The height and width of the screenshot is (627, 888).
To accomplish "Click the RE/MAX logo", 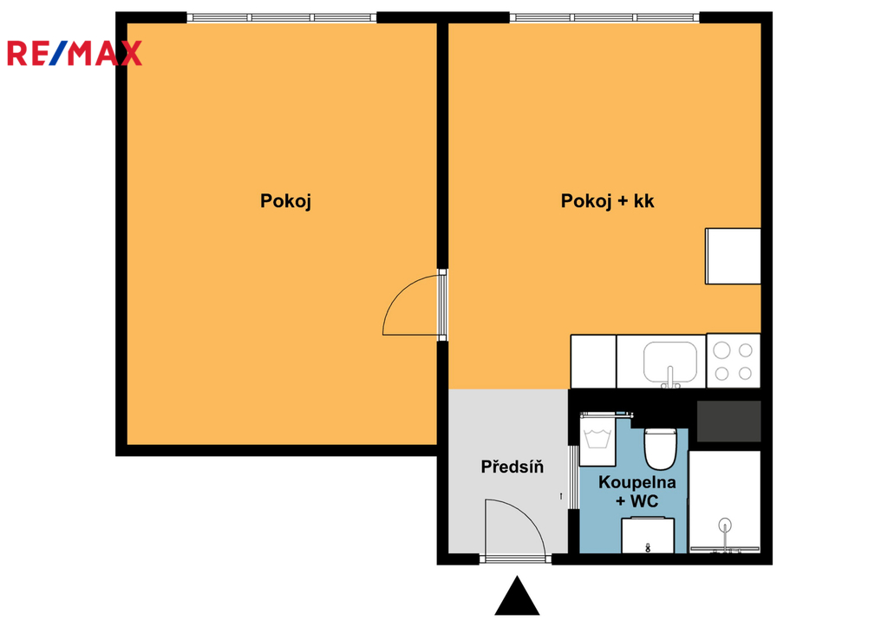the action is coord(75,53).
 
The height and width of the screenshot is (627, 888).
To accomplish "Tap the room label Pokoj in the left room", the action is coord(285,201).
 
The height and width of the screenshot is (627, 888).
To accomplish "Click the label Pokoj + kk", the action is coord(607,201).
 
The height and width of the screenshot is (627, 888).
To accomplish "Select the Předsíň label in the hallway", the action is coord(512,467).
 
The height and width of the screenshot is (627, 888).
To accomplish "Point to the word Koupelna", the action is coord(637,482).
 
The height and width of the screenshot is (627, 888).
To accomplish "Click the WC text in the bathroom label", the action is coord(644,501).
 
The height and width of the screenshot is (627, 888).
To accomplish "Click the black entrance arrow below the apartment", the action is coord(517,596).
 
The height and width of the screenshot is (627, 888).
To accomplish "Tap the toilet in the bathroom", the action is coord(660,448).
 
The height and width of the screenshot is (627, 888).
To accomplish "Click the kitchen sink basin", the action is coord(670,362).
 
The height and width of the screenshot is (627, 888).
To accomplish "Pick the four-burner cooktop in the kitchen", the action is coord(734,361).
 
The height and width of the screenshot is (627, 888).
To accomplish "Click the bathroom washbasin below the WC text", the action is coord(647,535).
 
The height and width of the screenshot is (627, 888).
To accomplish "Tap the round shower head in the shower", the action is coord(725,525).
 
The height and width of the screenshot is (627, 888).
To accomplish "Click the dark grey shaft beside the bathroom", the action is coord(728,421).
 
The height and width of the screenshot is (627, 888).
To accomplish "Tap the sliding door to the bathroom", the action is coord(573,477).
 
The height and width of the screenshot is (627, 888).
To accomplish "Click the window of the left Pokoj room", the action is coord(282,17).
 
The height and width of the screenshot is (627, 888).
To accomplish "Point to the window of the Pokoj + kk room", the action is coord(604,17).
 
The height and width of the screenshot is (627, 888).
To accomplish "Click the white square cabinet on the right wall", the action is coord(733,256).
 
